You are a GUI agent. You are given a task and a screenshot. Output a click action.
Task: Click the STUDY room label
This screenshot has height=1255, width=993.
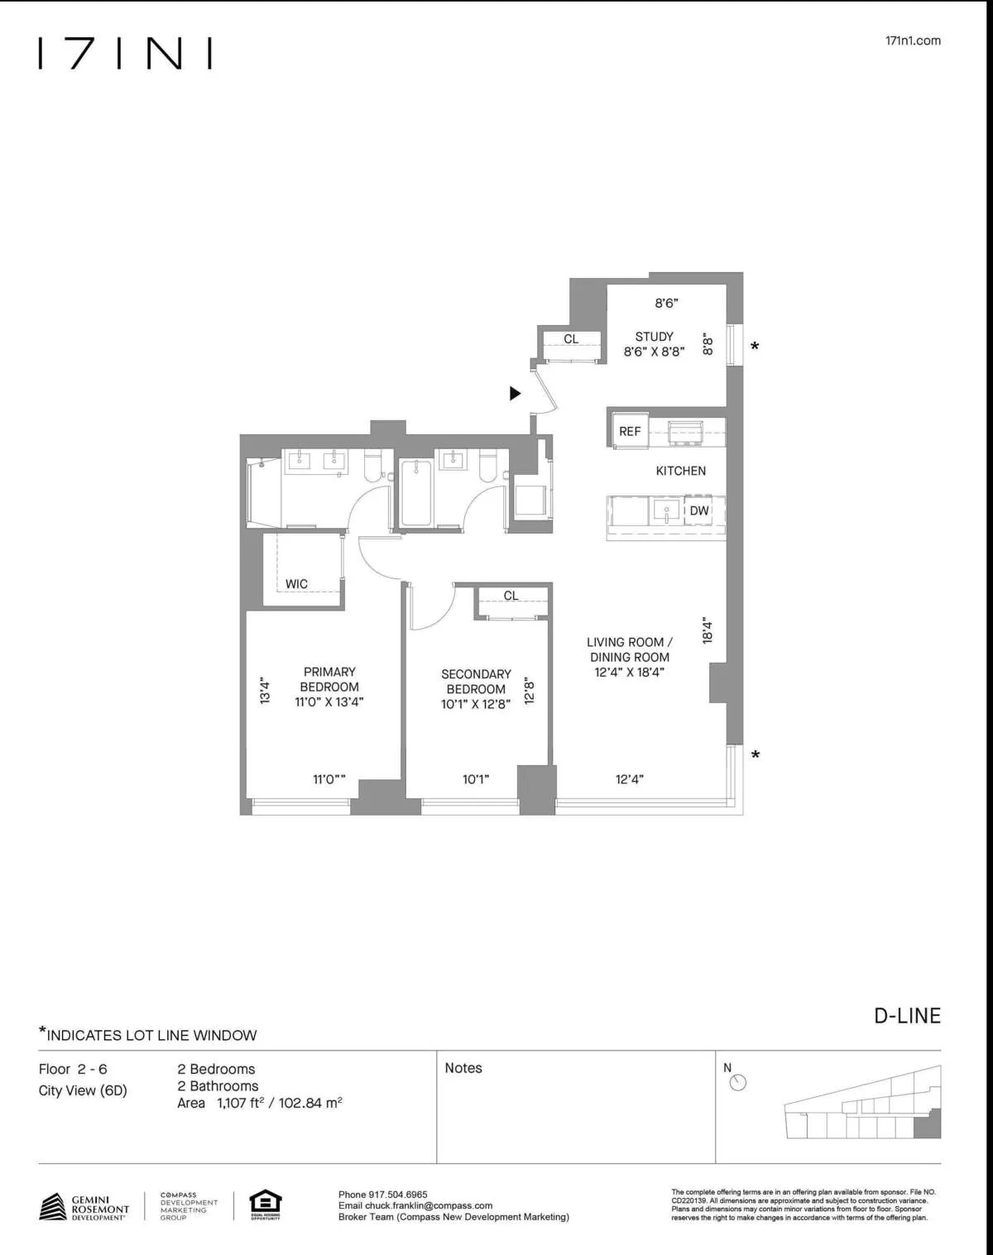tap(654, 337)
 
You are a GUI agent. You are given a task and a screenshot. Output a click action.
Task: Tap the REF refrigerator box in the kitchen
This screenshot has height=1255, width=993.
tap(630, 432)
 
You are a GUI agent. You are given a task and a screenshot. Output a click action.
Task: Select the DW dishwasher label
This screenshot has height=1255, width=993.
tap(699, 511)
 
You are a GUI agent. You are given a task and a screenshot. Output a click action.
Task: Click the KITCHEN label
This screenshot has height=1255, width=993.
tap(680, 471)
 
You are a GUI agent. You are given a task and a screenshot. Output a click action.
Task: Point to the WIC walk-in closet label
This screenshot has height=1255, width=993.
tap(296, 584)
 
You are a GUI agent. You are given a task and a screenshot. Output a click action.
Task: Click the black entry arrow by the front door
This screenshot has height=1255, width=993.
tap(515, 394)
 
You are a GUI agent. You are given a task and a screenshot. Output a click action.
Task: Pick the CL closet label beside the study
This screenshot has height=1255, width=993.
tap(571, 339)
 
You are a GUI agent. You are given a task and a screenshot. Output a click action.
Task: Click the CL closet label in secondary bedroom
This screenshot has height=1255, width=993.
tap(511, 596)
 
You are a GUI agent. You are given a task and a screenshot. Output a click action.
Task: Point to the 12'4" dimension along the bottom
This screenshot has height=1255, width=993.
tap(629, 779)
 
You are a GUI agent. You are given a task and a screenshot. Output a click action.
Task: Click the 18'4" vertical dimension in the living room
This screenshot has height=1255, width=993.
tap(707, 630)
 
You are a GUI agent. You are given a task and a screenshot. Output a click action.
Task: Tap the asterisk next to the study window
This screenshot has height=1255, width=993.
tap(755, 347)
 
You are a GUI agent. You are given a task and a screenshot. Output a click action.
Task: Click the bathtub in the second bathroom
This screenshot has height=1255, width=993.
tap(415, 494)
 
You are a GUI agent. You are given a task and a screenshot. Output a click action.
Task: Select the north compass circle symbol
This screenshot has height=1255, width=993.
tap(738, 1083)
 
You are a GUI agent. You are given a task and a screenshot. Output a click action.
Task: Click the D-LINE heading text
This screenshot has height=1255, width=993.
tap(907, 1016)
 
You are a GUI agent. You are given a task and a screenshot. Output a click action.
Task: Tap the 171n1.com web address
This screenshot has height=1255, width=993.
tap(912, 41)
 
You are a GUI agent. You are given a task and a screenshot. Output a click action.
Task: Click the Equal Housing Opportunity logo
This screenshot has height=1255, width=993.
tap(266, 1205)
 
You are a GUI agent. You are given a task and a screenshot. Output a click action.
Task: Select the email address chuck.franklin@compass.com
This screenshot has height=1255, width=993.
tap(429, 1205)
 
